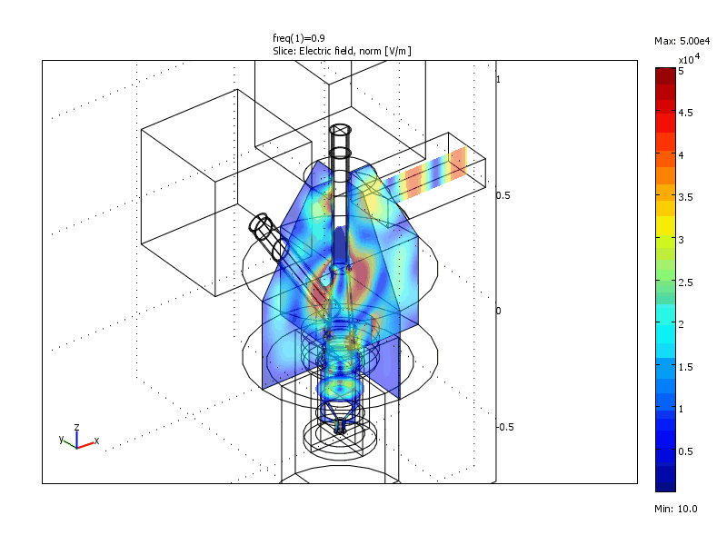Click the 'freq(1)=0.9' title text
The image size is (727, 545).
[x=299, y=38]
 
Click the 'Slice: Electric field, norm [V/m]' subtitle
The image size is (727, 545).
[x=342, y=51]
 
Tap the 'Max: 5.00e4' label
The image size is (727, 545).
[x=682, y=41]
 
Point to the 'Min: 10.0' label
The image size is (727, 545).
[x=675, y=509]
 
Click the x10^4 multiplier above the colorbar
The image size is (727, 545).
[x=689, y=59]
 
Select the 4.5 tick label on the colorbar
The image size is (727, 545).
[x=686, y=113]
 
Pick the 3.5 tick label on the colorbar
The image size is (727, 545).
[x=686, y=197]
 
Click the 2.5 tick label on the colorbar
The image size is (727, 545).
[x=686, y=282]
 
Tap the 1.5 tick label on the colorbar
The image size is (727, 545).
[x=686, y=367]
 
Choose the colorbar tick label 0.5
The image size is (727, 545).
[x=686, y=451]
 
